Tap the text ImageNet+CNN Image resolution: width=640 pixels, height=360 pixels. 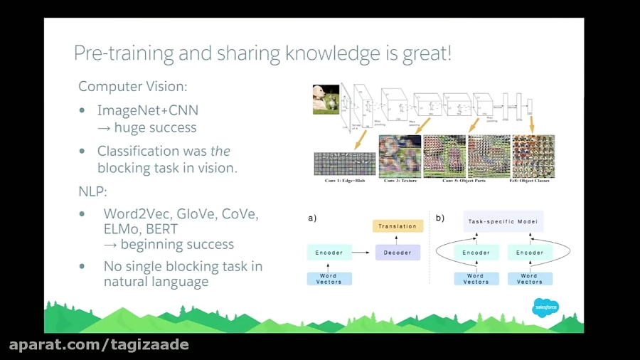click(148, 110)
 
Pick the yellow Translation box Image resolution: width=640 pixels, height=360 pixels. click(398, 226)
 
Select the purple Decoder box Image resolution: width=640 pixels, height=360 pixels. click(398, 252)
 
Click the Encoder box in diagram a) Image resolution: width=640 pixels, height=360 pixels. click(329, 252)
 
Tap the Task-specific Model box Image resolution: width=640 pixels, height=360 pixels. click(503, 221)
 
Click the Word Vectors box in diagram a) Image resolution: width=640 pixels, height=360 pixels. click(329, 278)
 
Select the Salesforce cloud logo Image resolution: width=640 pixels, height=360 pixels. click(545, 307)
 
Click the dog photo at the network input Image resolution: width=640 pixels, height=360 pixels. click(326, 100)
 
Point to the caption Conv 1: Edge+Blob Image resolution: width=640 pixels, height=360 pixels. click(344, 181)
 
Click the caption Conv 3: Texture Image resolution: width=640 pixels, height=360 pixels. click(400, 181)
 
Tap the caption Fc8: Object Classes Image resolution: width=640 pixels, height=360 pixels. click(533, 181)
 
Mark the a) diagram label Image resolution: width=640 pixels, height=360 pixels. click(312, 218)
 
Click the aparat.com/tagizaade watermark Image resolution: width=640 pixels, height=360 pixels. click(99, 345)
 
